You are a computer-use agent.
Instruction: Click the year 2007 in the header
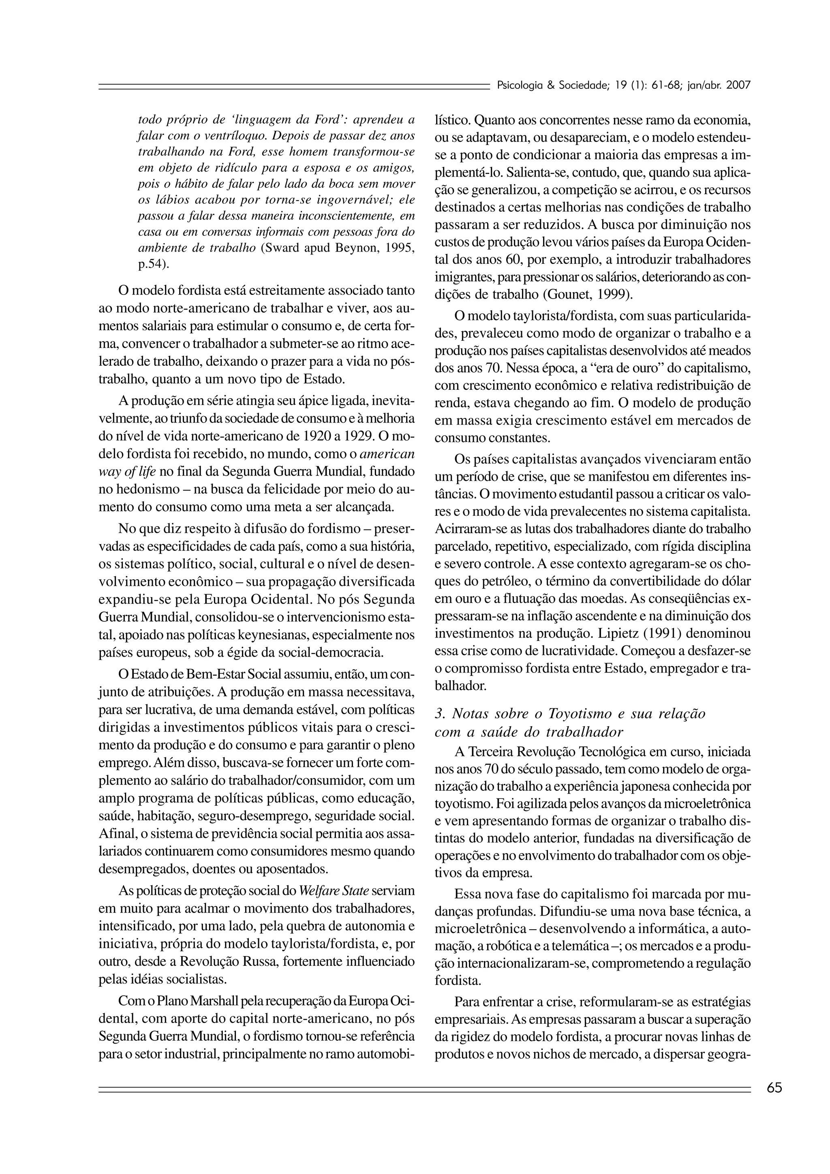click(x=738, y=85)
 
